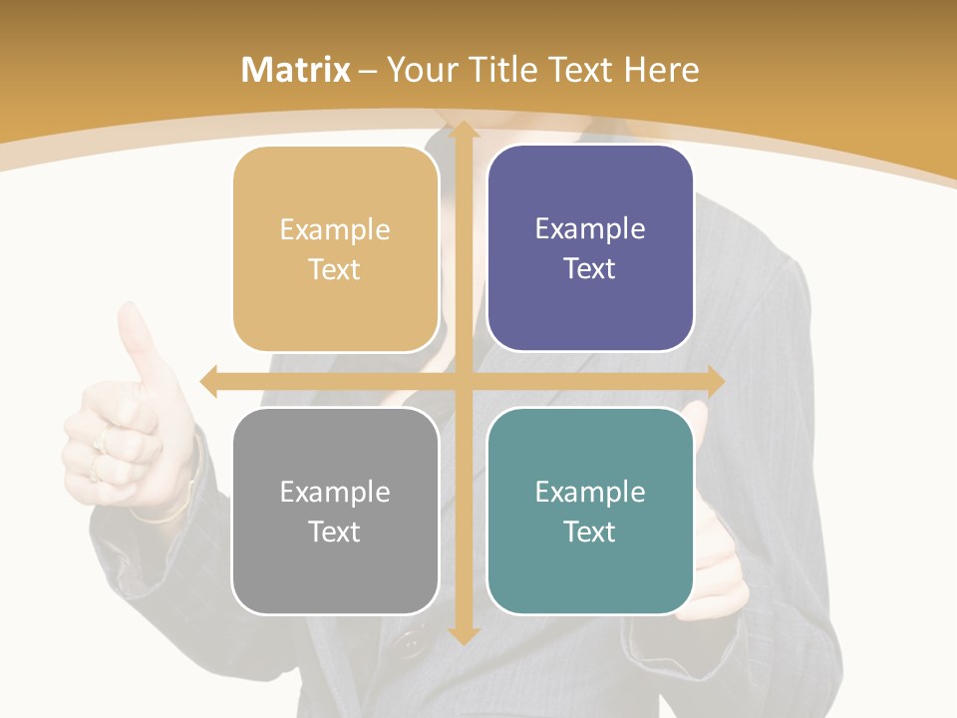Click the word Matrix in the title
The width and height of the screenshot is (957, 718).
(295, 70)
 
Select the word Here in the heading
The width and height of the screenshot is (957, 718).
(662, 70)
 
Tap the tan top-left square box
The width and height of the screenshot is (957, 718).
(335, 249)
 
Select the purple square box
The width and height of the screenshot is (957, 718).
(590, 248)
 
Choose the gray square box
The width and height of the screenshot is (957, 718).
(335, 511)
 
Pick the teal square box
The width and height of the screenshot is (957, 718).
(590, 511)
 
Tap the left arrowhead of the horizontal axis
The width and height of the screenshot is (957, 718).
(208, 380)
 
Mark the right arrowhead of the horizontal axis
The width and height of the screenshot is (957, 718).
(715, 380)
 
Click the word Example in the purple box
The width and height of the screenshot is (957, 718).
(590, 229)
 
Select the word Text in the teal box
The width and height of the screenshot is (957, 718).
(590, 532)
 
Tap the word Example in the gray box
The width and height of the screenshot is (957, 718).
(335, 492)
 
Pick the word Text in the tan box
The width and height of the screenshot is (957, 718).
(335, 270)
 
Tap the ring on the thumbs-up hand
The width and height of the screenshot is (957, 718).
(100, 440)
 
